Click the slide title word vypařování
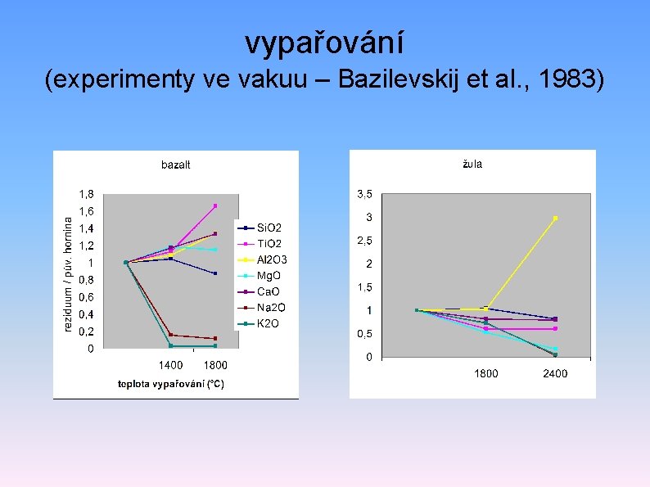tap(324, 43)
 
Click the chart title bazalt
tap(175, 165)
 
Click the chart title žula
tap(472, 164)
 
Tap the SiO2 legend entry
tap(269, 227)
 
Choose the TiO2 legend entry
tap(269, 243)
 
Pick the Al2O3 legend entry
tap(272, 259)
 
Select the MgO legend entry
tap(269, 276)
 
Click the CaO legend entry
tap(269, 291)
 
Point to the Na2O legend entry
tap(270, 307)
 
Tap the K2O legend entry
tap(268, 323)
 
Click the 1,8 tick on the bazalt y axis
tap(86, 194)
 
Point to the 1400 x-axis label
tap(170, 365)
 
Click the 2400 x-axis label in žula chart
tap(554, 373)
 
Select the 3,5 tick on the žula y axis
tap(364, 194)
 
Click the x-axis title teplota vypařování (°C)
tap(170, 383)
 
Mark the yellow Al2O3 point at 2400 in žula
tap(555, 218)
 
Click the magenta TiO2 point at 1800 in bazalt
tap(215, 205)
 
